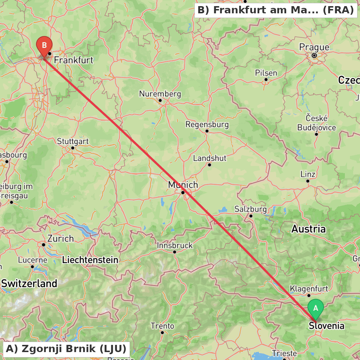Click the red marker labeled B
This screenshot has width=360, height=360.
[44, 46]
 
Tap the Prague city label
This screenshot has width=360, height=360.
[314, 47]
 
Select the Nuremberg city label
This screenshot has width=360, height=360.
[160, 94]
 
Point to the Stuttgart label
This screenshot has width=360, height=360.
[73, 141]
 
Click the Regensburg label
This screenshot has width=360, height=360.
[207, 125]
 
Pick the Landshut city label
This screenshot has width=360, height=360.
[210, 158]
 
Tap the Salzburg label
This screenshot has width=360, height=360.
[251, 209]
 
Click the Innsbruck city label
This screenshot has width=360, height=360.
[175, 246]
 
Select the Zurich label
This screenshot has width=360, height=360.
[60, 238]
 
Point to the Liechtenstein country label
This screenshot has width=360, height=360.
[90, 260]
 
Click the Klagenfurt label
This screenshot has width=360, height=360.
[309, 289]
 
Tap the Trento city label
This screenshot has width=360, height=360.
[162, 326]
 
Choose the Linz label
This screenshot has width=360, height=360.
[308, 174]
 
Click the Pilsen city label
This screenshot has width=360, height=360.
[266, 73]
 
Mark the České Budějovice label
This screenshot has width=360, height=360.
[316, 123]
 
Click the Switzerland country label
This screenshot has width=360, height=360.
[29, 283]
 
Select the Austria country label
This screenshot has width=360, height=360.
[308, 229]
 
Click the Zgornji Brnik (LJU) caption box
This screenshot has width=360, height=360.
[66, 348]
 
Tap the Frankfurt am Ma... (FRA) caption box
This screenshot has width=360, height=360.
[276, 10]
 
